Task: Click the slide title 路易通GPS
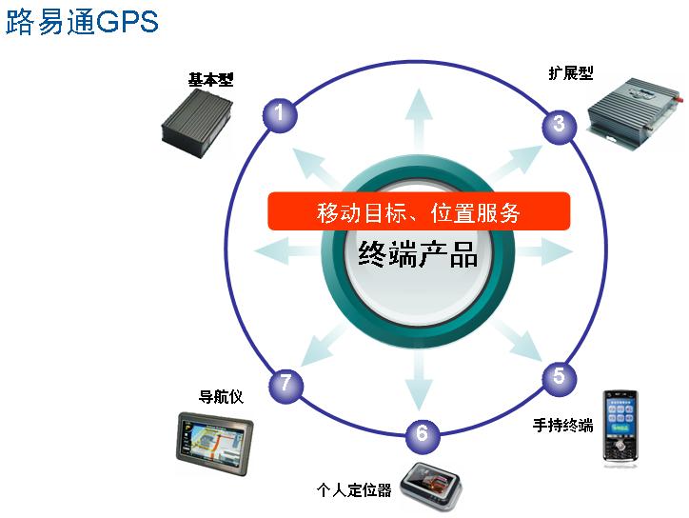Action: [x=82, y=22]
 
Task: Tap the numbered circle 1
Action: [x=279, y=114]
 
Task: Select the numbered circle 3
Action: [x=559, y=124]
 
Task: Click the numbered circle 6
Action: [x=423, y=436]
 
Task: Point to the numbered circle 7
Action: [x=285, y=385]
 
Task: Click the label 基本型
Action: [x=210, y=80]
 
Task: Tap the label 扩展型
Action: [x=571, y=72]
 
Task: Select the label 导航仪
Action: [x=221, y=396]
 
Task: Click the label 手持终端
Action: [x=562, y=425]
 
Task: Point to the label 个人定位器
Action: [x=354, y=490]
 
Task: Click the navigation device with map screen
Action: [x=214, y=442]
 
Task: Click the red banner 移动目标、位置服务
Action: [x=419, y=211]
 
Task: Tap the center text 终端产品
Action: [x=419, y=253]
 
